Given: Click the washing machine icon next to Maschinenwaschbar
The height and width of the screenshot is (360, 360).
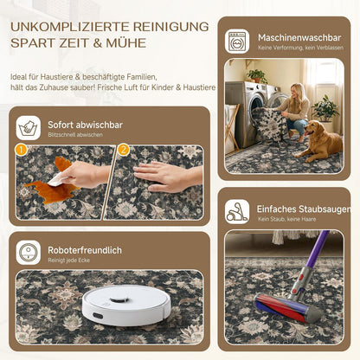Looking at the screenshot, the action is (x=237, y=41).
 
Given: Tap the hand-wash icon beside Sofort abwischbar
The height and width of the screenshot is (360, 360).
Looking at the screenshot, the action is (x=29, y=128).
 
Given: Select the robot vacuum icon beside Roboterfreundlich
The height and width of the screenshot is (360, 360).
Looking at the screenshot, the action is (x=29, y=253).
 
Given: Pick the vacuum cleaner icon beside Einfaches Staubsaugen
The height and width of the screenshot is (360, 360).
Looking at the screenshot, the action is (x=237, y=212).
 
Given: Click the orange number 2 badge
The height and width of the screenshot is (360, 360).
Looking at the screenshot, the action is (x=124, y=150).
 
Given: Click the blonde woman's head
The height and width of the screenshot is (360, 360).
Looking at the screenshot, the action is (x=297, y=90).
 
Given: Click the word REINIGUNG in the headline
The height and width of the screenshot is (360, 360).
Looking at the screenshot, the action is (x=170, y=27).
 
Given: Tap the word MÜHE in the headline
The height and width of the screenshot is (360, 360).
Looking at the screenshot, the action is (x=126, y=43).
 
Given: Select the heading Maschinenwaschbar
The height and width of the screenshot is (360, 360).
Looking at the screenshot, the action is (x=299, y=37).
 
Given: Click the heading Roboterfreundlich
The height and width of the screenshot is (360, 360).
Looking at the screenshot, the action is (x=85, y=250).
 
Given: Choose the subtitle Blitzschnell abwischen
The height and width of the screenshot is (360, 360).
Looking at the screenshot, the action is (x=75, y=135).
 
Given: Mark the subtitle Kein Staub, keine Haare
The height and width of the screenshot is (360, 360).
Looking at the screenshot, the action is (x=286, y=219).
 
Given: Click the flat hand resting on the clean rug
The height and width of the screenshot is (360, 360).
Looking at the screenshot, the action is (x=167, y=176).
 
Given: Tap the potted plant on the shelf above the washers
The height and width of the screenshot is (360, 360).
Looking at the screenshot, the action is (x=257, y=76).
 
